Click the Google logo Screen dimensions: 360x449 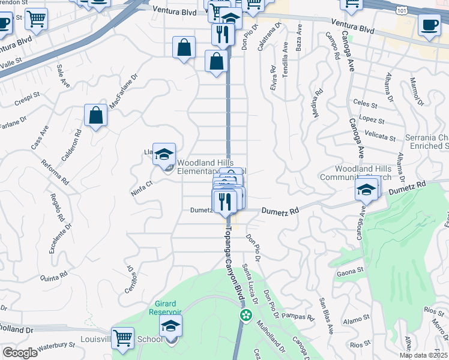[20, 353]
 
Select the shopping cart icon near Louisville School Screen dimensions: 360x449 [122, 337]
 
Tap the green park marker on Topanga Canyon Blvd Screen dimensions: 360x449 [245, 314]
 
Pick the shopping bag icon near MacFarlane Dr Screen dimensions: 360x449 [95, 115]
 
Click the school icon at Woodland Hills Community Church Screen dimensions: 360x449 [366, 190]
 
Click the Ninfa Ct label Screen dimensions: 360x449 [142, 186]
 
